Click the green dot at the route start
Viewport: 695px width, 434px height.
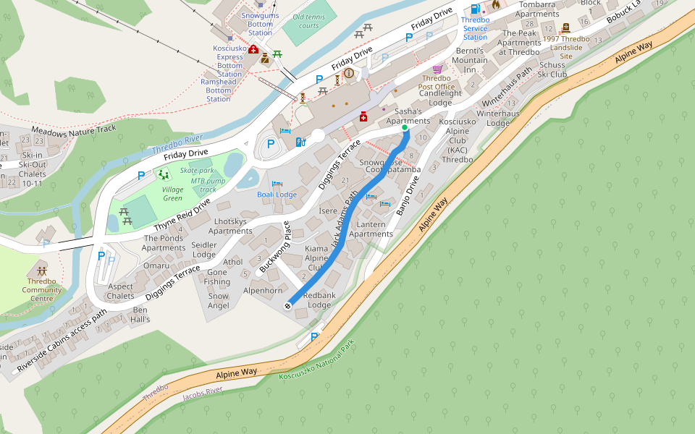tap(405, 128)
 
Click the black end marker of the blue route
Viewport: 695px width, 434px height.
tap(288, 306)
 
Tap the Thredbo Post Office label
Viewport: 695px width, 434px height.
tap(437, 82)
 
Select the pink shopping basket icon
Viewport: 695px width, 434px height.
tap(437, 69)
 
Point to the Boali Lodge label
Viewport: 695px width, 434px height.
tap(277, 195)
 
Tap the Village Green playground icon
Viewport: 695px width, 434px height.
tap(164, 174)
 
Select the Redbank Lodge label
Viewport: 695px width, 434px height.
tap(319, 300)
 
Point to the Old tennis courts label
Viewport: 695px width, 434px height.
tap(306, 21)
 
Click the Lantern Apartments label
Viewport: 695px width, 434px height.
tap(371, 229)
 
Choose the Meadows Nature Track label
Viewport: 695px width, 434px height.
tap(74, 129)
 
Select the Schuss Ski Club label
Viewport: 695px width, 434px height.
tap(552, 69)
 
